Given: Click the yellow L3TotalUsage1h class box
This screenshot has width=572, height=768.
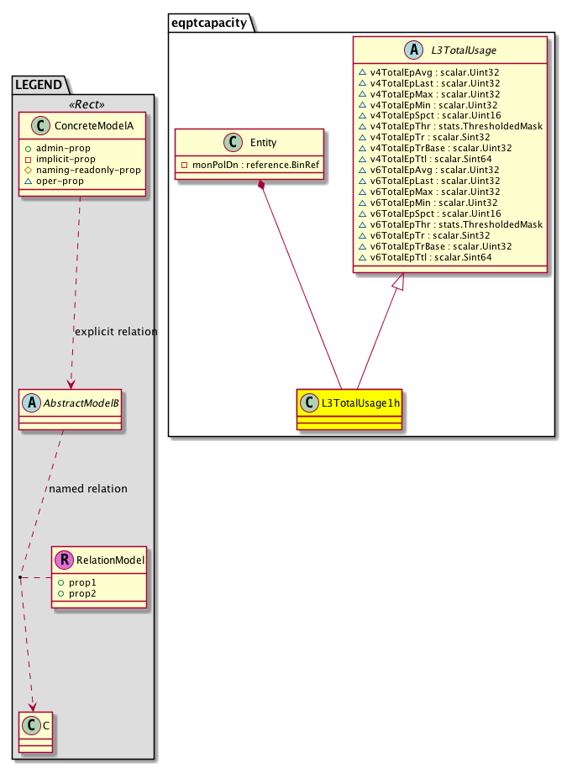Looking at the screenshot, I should (x=349, y=408).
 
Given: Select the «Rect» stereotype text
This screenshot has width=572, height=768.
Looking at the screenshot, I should (x=83, y=105).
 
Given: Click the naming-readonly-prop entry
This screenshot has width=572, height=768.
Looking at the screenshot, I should (x=89, y=170).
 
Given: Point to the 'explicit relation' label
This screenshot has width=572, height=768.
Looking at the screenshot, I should (x=116, y=331).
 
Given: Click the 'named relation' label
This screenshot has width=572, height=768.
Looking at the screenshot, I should (x=88, y=488).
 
